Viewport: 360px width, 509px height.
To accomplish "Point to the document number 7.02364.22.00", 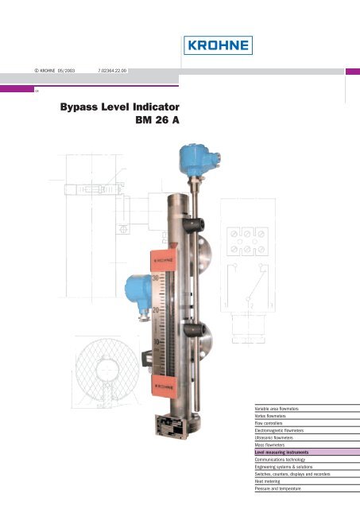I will click(113, 71).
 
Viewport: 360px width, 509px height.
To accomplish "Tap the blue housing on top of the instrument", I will click(195, 153).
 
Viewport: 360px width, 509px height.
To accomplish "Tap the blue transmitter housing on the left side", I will click(131, 286).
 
